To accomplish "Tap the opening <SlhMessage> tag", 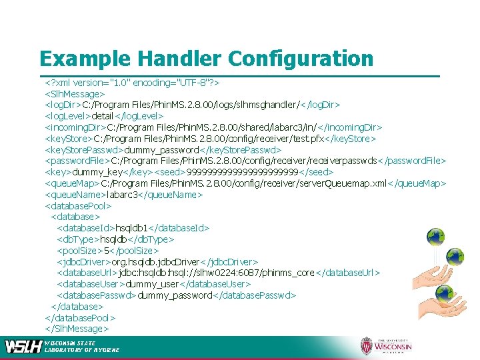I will [74, 94].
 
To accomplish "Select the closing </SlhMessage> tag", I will [76, 328].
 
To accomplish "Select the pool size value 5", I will [106, 250].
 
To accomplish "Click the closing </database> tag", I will [77, 306].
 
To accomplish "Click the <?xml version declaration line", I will [133, 83].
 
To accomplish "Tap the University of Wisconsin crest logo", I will [367, 346].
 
